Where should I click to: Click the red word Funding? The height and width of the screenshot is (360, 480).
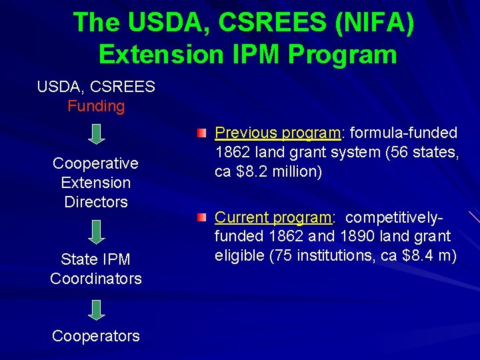[x=96, y=106]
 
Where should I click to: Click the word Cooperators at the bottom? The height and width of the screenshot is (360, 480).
[x=96, y=336]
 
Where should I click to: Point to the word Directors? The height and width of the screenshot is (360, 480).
[x=96, y=201]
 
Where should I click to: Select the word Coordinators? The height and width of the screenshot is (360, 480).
[x=96, y=279]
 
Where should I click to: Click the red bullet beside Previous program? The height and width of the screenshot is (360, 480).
[x=201, y=134]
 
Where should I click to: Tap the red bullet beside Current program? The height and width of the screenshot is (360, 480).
[x=201, y=218]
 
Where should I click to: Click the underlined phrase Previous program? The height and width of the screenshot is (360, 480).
[x=277, y=133]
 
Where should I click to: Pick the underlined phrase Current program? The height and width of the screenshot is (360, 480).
[x=273, y=217]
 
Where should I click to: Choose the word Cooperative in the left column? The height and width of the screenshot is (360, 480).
[x=96, y=163]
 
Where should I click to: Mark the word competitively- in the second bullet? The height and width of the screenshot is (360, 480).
[x=395, y=217]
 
